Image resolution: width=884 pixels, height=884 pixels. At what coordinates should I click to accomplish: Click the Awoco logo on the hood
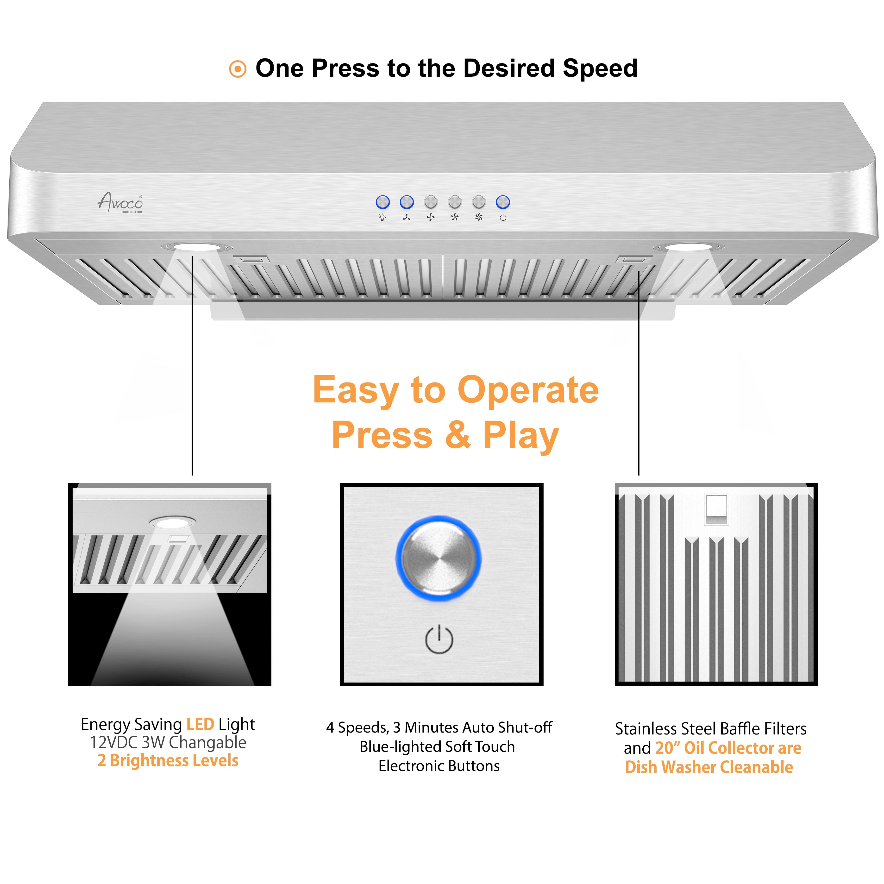click(x=120, y=202)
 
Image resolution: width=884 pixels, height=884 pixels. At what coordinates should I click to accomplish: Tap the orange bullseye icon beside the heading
click(x=238, y=69)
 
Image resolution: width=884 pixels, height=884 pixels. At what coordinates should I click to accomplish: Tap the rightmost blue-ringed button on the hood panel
click(x=503, y=202)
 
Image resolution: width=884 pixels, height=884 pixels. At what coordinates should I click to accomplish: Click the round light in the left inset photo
click(x=172, y=522)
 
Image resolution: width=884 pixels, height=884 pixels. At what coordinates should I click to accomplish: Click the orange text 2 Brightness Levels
click(x=168, y=760)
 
